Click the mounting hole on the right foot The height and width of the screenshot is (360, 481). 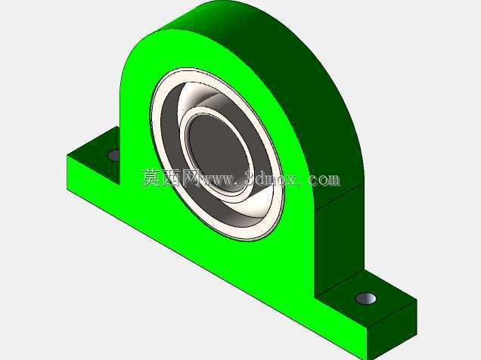(x=365, y=299)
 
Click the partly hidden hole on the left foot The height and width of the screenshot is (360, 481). (x=114, y=155)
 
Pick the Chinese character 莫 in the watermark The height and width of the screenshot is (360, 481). (x=151, y=178)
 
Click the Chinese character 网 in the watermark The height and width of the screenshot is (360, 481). (x=191, y=178)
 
